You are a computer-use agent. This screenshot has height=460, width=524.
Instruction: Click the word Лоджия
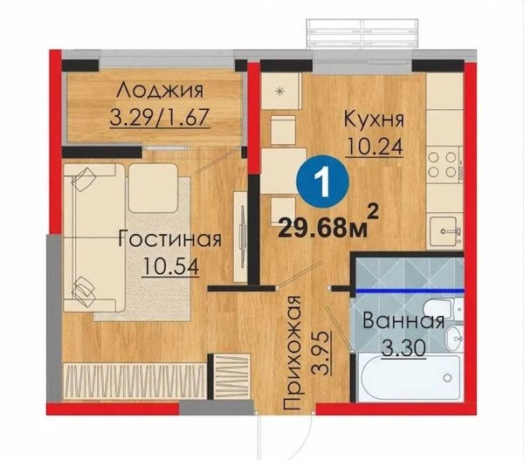[160, 91]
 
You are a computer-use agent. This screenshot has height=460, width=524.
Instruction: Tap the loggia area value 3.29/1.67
[160, 117]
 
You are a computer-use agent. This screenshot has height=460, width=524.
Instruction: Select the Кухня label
[375, 120]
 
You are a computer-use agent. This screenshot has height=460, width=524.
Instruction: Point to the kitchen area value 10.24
[375, 147]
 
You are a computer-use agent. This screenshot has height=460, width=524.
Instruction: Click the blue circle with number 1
[322, 183]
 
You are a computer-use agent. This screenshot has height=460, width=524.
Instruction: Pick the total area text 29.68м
[323, 228]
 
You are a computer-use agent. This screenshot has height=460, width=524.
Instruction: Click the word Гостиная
[170, 239]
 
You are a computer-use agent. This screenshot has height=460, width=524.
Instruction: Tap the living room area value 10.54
[170, 266]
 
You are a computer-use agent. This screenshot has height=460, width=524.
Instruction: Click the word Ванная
[403, 321]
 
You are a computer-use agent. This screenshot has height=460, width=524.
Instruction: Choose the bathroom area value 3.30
[403, 349]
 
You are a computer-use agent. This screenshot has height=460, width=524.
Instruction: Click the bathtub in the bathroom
[410, 378]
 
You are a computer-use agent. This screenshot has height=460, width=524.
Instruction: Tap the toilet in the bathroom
[442, 310]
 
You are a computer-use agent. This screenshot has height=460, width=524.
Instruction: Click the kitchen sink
[445, 230]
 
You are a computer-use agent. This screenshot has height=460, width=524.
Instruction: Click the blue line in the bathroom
[410, 291]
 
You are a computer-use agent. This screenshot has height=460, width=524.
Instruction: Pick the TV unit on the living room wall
[242, 236]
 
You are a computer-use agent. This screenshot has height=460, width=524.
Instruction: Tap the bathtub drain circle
[447, 378]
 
